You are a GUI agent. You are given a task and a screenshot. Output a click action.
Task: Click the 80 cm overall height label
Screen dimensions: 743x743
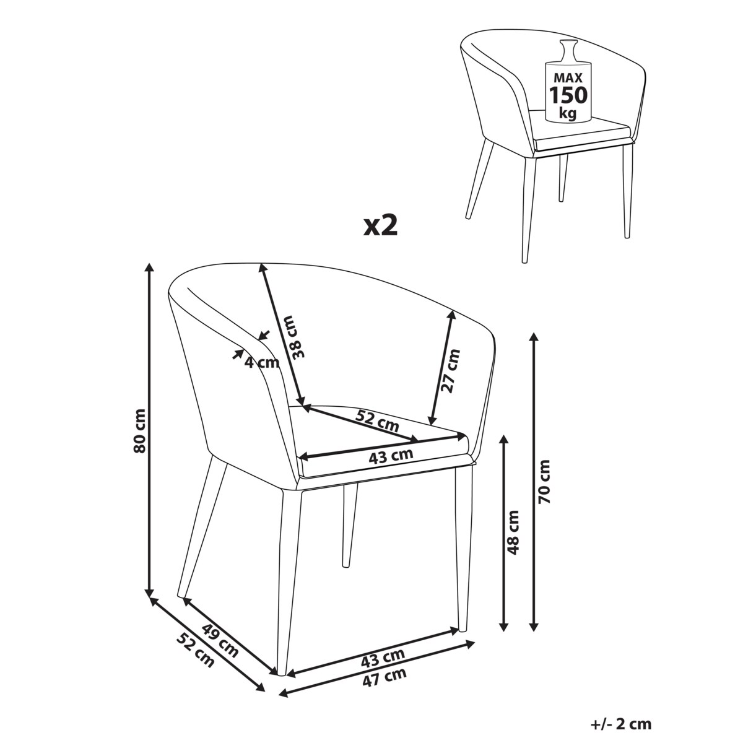139,431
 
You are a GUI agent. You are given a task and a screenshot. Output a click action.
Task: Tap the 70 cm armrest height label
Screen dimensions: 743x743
545,482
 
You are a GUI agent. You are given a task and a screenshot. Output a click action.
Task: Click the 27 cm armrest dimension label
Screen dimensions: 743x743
451,371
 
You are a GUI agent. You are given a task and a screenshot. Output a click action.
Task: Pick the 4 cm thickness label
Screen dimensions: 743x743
262,362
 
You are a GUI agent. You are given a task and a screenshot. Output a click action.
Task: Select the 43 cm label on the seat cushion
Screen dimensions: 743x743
391,456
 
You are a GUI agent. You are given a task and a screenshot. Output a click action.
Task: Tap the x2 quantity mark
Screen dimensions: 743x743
380,226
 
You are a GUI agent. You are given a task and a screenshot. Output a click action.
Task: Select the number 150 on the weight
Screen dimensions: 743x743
568,95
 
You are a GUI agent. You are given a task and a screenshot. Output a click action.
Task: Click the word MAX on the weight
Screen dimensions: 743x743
568,78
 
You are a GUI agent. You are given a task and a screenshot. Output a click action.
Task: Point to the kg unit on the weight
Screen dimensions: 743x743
568,113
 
